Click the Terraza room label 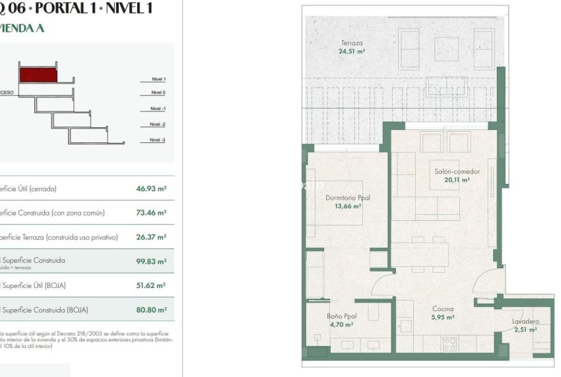point(352,43)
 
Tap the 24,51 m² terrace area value point(352,51)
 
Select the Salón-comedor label point(457,172)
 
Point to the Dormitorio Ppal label point(348,198)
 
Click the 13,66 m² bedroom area point(348,206)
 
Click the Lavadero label point(525,322)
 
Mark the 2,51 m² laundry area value point(525,330)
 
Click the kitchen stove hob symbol point(450,343)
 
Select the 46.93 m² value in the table point(151,188)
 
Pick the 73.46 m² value point(151,213)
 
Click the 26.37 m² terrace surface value point(151,237)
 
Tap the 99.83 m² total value point(151,261)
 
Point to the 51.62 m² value point(151,285)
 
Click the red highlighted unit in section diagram point(38,74)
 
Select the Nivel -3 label point(157,140)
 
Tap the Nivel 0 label point(158,93)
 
